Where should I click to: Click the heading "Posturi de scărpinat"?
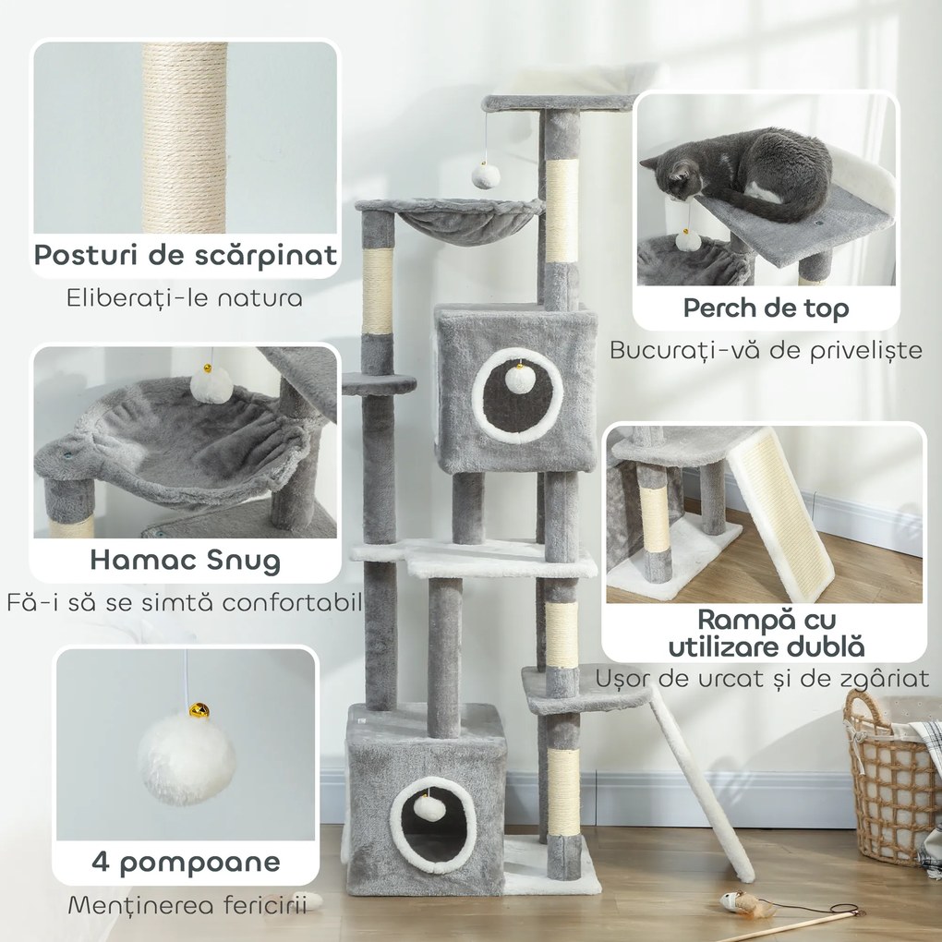(x=185, y=255)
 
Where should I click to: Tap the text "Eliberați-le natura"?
(x=185, y=298)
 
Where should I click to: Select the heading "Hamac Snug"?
(x=186, y=560)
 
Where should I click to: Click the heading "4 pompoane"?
(x=186, y=863)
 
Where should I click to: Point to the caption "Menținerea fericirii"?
(x=187, y=905)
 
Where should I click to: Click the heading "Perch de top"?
(x=766, y=308)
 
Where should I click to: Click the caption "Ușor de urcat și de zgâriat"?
(x=762, y=679)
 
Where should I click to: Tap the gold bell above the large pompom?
(x=199, y=710)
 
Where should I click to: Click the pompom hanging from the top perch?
(x=486, y=175)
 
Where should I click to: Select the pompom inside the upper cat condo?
(x=518, y=379)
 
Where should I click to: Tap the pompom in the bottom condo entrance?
(x=429, y=807)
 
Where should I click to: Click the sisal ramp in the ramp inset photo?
(x=781, y=513)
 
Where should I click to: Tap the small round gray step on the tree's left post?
(x=379, y=383)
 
